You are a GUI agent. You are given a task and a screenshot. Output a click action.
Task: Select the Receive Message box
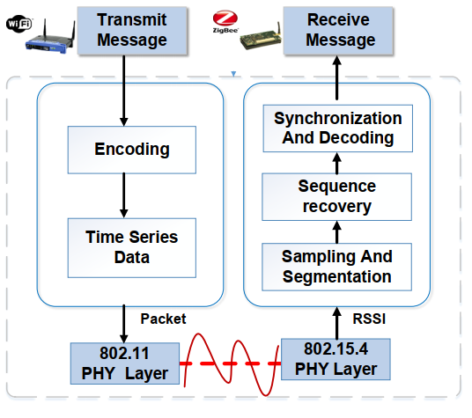[341, 29]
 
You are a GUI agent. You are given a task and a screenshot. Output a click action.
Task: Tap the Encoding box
[132, 149]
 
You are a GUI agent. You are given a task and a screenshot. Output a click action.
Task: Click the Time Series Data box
[131, 247]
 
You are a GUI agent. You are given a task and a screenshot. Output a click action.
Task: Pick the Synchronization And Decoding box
[337, 128]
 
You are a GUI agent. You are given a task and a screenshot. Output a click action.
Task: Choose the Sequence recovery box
[336, 196]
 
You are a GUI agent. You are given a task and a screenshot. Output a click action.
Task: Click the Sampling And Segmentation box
[336, 266]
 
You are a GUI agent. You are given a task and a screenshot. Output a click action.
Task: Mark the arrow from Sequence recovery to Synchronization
[336, 161]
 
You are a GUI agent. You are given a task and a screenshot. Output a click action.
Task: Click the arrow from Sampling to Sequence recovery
[336, 231]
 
